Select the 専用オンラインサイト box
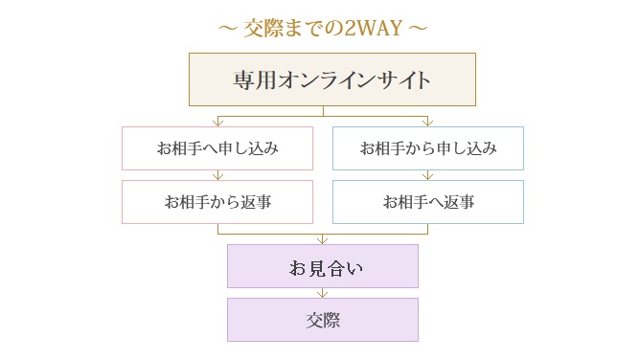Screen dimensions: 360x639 tap(331, 79)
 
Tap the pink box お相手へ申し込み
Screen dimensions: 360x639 tap(217, 148)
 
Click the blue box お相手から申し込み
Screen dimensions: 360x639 tap(428, 148)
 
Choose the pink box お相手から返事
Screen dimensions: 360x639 tap(217, 202)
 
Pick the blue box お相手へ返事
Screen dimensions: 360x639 tap(428, 202)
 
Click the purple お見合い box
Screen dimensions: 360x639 tap(323, 266)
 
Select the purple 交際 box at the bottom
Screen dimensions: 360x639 tap(323, 320)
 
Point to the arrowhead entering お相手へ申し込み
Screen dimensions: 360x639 tap(218, 123)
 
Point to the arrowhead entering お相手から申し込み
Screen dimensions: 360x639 tap(428, 123)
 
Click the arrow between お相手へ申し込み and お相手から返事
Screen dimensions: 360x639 tap(218, 175)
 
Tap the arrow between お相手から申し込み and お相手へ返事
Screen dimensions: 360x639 tap(428, 175)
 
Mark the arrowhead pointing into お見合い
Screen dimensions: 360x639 tap(323, 239)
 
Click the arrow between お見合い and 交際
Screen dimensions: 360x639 tap(323, 293)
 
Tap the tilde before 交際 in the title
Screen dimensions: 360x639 tap(227, 27)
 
